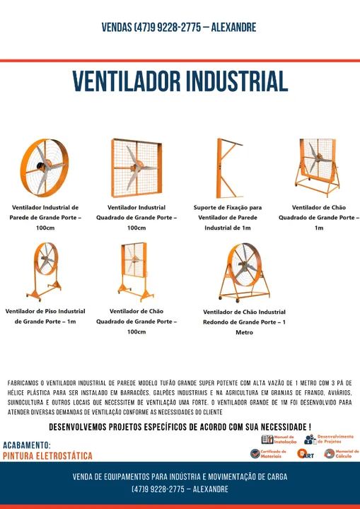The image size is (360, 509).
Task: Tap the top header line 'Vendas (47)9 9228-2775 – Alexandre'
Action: coord(179,28)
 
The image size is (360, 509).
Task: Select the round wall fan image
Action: coord(44,167)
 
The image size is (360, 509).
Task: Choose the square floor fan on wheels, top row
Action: coord(318,168)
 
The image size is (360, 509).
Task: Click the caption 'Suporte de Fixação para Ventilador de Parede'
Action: coord(227,218)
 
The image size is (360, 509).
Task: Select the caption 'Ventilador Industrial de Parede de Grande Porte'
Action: coord(45,218)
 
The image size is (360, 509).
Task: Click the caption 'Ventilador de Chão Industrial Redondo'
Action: coord(244,322)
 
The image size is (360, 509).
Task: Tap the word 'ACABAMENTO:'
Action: coord(27,445)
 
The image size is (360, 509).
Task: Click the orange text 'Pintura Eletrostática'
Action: coord(47,456)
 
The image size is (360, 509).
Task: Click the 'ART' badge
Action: coord(306,454)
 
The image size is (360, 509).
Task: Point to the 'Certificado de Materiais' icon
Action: coord(268,453)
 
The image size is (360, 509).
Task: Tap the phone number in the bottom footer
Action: coord(180,489)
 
